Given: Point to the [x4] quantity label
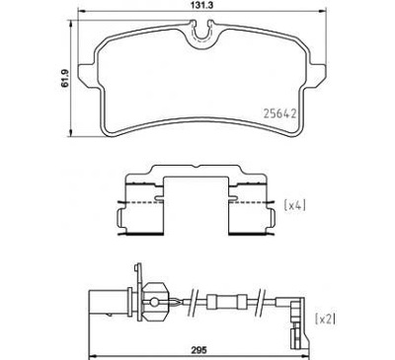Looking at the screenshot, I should (296, 205).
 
